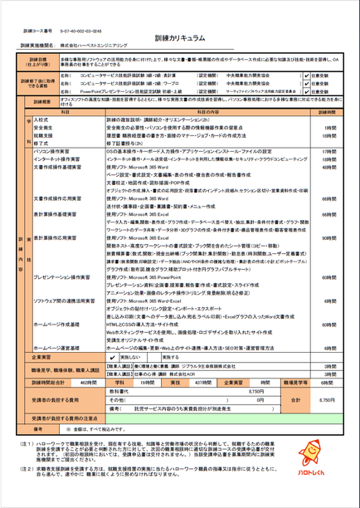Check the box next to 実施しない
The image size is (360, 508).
click(114, 356)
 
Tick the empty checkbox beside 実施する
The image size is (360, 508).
click(154, 356)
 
